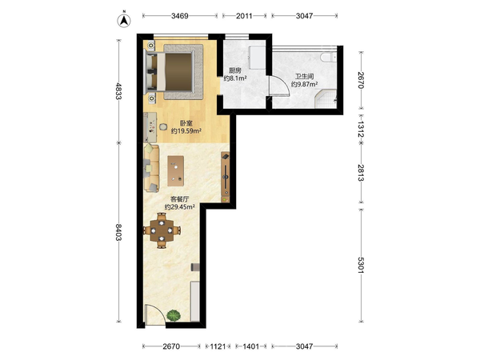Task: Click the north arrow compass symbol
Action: coord(124,20)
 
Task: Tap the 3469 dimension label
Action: coord(180,16)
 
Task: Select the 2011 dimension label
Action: coord(244,16)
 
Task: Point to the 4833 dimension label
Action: coord(118,91)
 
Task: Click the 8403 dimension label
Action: coord(118,232)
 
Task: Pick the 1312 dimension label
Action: coord(361,130)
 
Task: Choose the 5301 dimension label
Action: coord(361,265)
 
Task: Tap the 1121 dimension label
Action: coord(218,346)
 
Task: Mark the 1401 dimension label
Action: coord(250,346)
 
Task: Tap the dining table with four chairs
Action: coord(162,230)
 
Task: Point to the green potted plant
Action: coord(174,315)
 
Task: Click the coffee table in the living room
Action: coord(176,171)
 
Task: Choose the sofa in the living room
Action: coord(151,168)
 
